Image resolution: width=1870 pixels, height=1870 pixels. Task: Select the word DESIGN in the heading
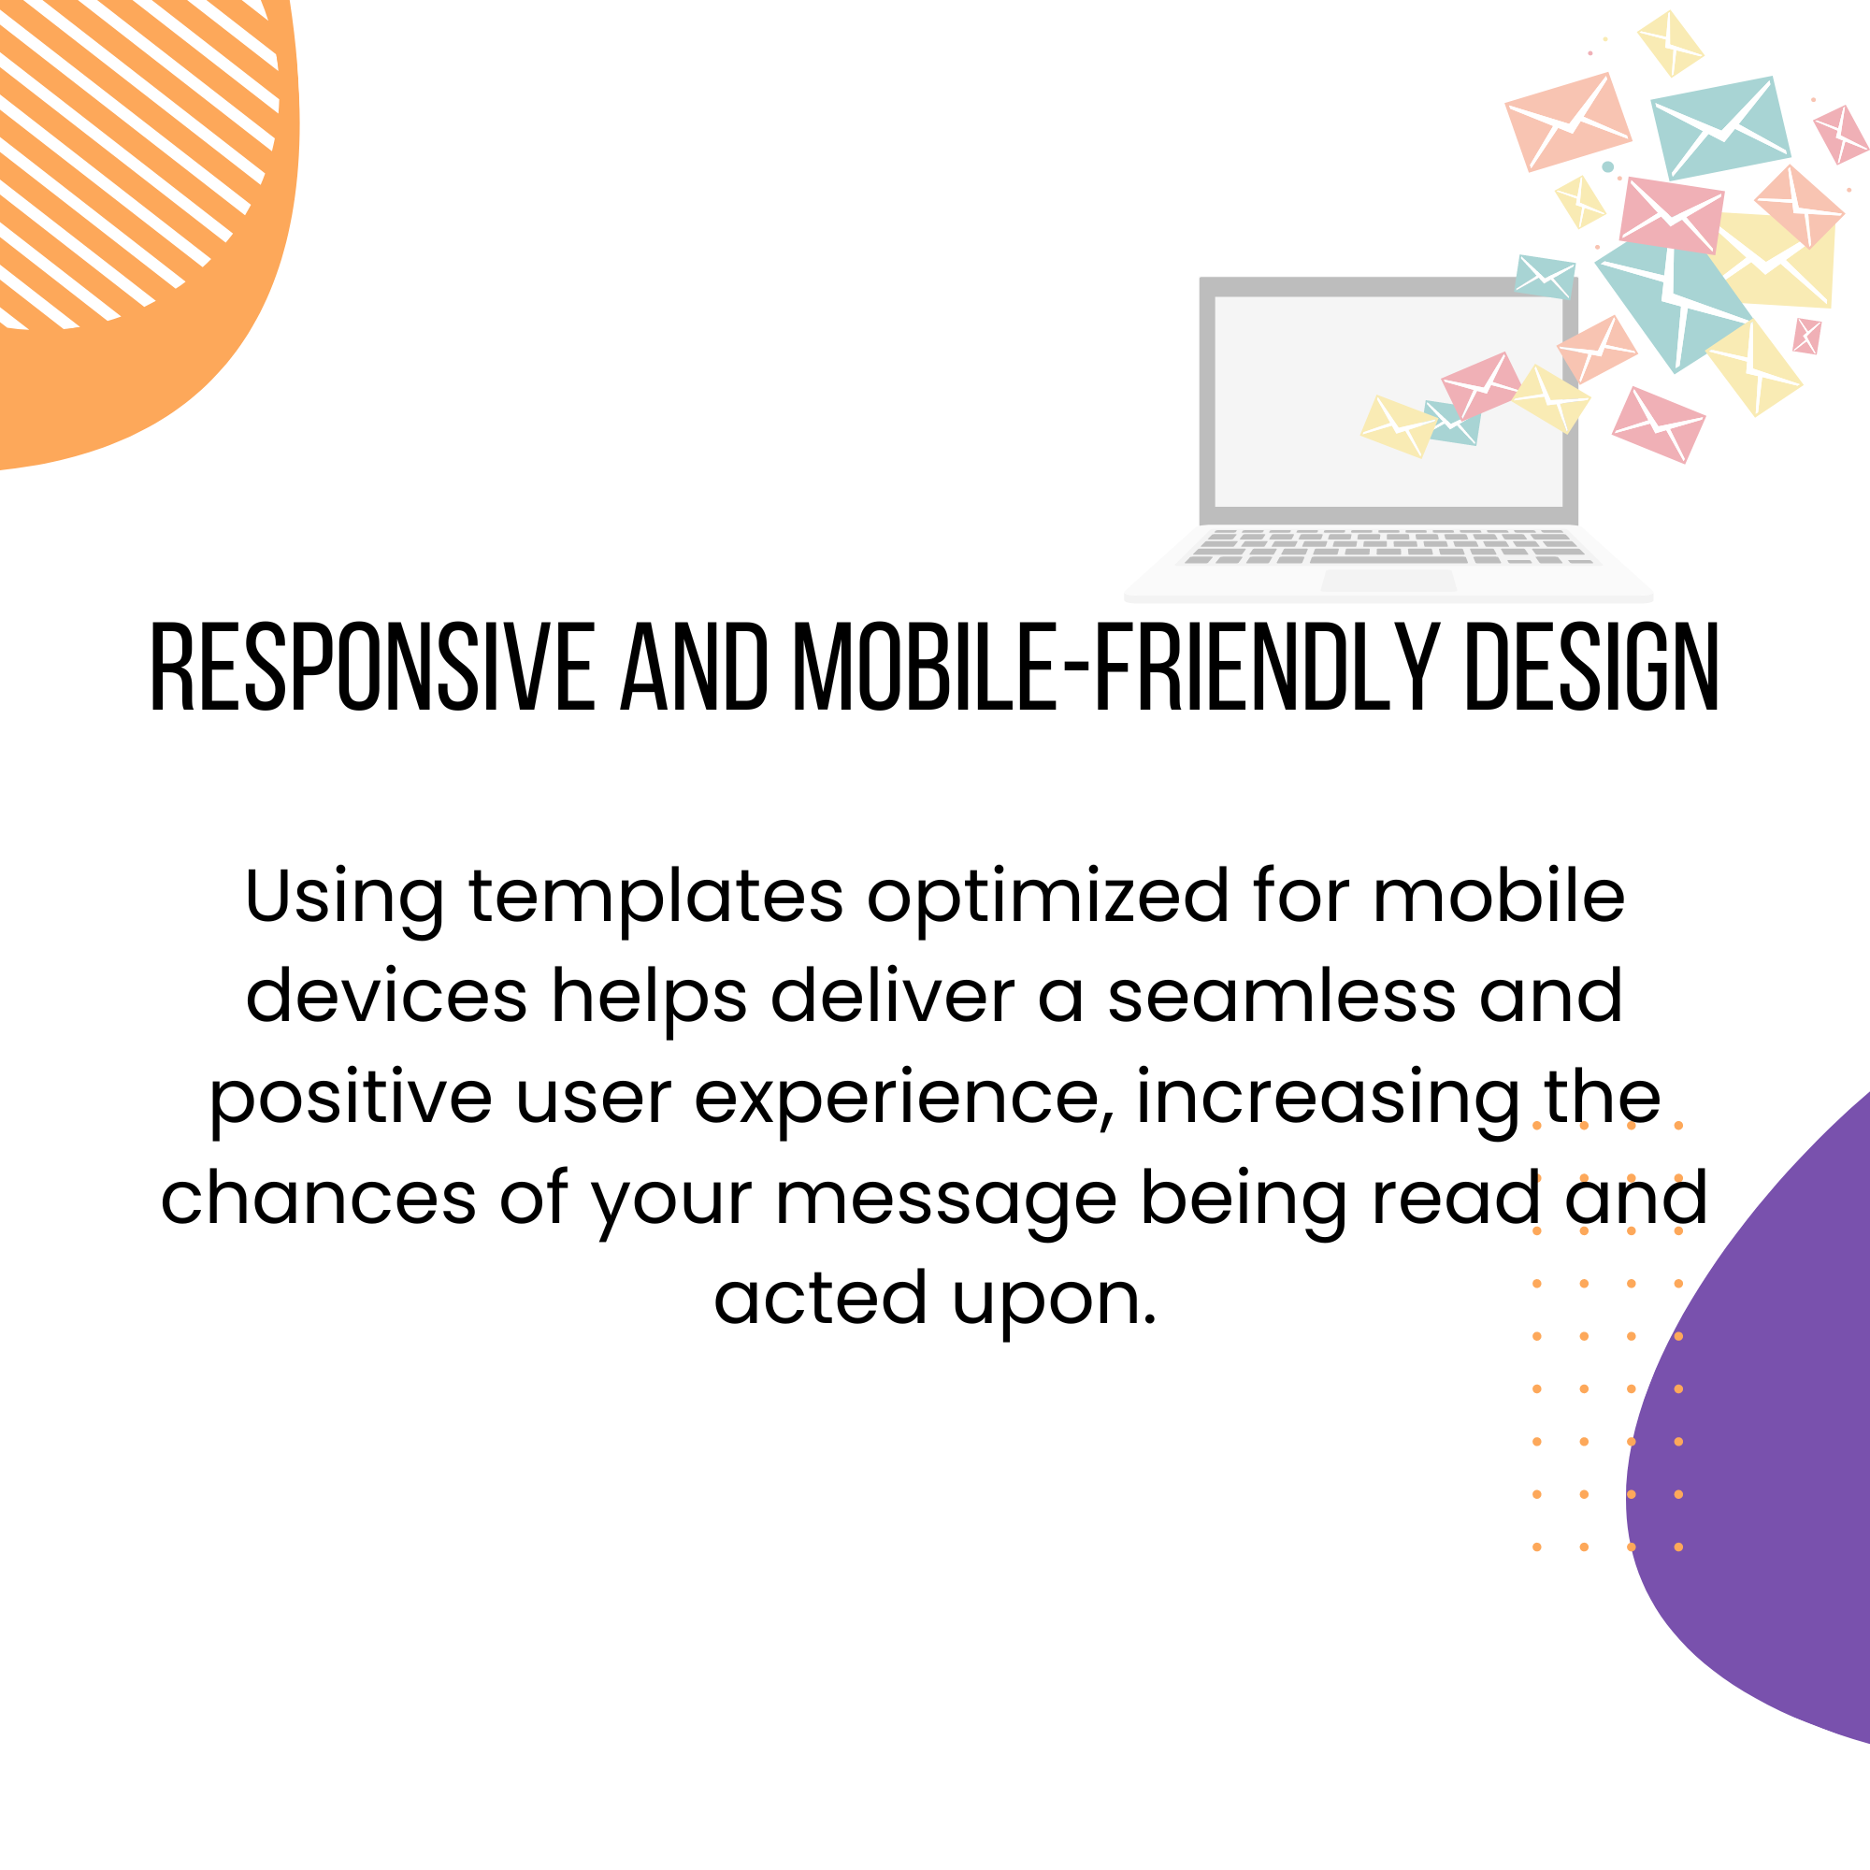[x=1592, y=668]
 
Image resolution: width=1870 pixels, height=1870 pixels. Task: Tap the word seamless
[x=1282, y=997]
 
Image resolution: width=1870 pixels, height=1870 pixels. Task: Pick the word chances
[x=319, y=1198]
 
